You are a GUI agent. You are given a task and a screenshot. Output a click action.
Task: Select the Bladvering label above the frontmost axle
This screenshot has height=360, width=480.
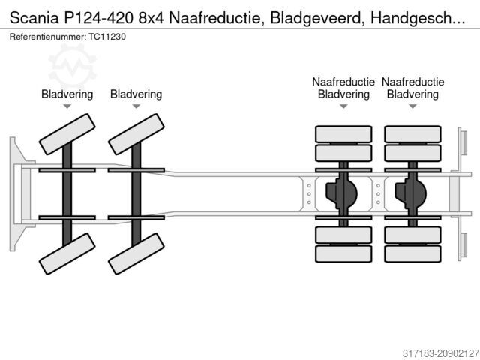pos(67,94)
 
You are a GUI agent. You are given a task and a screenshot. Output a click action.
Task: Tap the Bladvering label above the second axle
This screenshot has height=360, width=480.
pos(136,94)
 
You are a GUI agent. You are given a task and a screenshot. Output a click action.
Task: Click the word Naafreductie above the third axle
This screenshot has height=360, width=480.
pos(343,82)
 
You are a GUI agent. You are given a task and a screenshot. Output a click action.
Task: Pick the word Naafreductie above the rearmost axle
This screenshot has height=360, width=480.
pos(412,82)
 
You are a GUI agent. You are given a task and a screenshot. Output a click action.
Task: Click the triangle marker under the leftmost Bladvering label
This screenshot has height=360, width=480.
pos(67,107)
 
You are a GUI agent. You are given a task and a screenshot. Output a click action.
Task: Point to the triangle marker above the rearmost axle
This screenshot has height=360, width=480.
pos(412,107)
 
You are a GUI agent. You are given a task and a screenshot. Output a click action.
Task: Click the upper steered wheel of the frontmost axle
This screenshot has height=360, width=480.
pos(67,135)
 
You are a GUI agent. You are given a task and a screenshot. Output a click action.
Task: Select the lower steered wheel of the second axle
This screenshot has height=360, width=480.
pos(136,253)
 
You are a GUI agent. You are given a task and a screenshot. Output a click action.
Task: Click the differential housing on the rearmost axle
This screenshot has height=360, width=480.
pos(411,193)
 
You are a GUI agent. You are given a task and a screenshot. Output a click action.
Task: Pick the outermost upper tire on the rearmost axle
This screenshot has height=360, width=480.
pos(412,134)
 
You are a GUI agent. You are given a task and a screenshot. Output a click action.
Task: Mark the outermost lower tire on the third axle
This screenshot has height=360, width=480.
pos(343,253)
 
